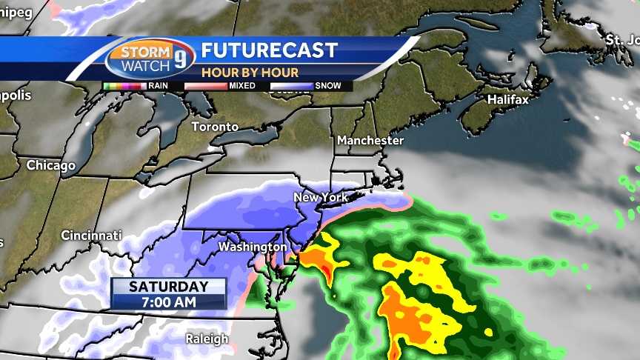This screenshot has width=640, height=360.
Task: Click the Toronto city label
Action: point(215,127)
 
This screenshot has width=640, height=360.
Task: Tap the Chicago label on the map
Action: point(51,165)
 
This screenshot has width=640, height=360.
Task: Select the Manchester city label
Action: point(370,140)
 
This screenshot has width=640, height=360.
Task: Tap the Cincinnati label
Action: point(91,236)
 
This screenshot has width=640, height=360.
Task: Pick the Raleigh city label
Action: point(207,339)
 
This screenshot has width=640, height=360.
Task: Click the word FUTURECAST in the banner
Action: point(270,51)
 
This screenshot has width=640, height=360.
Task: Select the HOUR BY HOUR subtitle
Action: point(250,73)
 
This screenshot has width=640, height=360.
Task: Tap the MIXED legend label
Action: point(242,86)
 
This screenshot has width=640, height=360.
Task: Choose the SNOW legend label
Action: point(328,86)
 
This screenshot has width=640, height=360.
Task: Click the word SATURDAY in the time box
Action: point(168,287)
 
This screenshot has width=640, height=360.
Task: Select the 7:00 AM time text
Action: point(168,301)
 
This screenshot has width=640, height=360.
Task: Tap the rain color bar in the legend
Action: point(125,86)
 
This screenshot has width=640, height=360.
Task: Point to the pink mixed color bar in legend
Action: point(205,86)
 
